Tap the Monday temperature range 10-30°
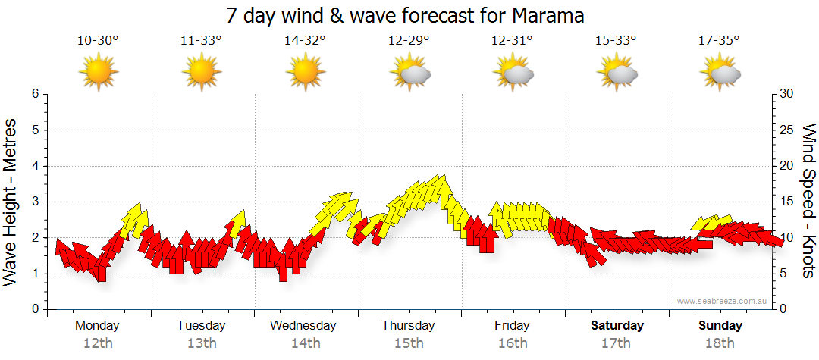pos(98,41)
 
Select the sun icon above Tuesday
pos(202,73)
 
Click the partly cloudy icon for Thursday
pos(409,74)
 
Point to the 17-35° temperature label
pos(720,41)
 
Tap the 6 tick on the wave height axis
pos(35,94)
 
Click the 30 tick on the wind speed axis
pos(787,94)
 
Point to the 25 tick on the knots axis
pos(787,130)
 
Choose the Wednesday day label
pos(303,326)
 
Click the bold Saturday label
pos(617,326)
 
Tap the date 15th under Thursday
pos(409,343)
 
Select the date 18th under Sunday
pos(720,343)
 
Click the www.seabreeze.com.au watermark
pos(723,301)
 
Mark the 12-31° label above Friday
pos(512,41)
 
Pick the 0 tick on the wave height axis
pos(35,309)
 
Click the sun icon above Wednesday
pos(306,73)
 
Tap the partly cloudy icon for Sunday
pos(720,74)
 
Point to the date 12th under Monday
pos(98,343)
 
